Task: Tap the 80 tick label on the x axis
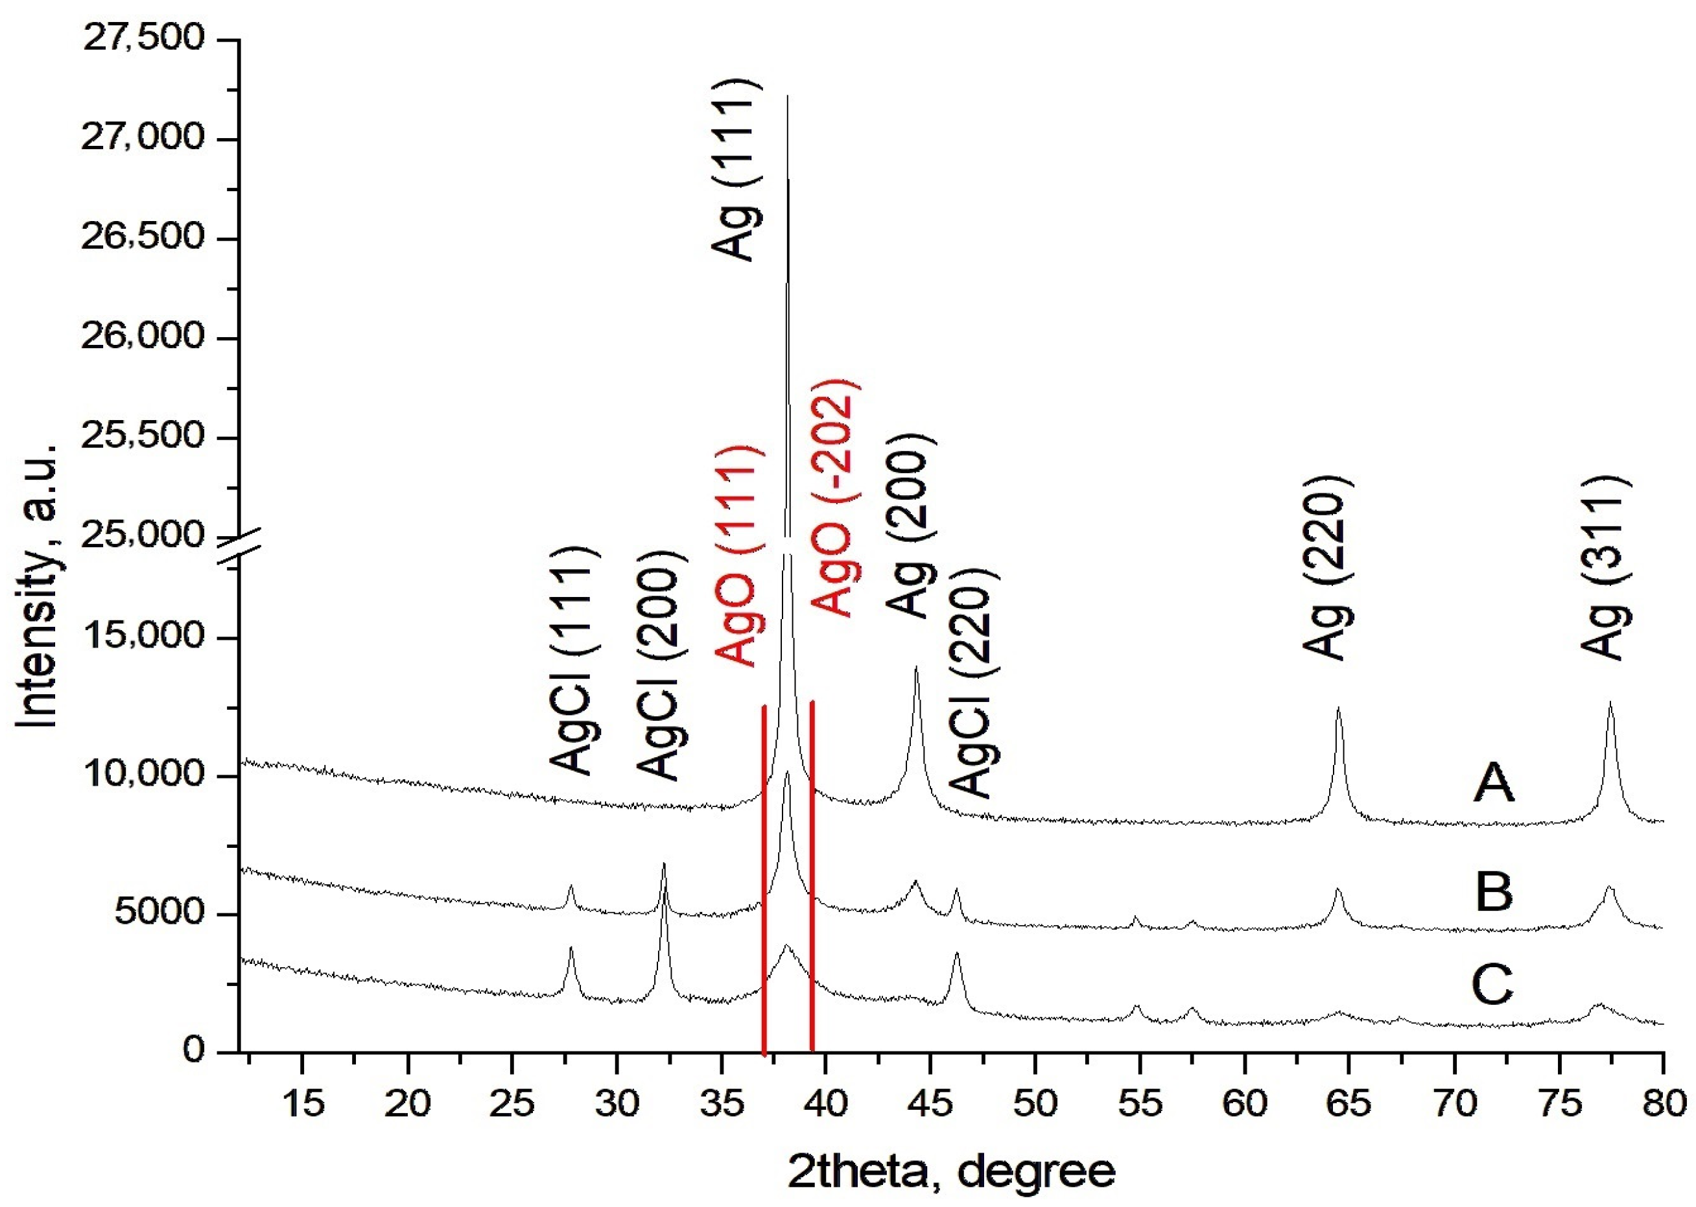[1664, 1104]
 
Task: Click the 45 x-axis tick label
[930, 1104]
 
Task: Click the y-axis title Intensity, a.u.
[37, 587]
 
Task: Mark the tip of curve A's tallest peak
[787, 96]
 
